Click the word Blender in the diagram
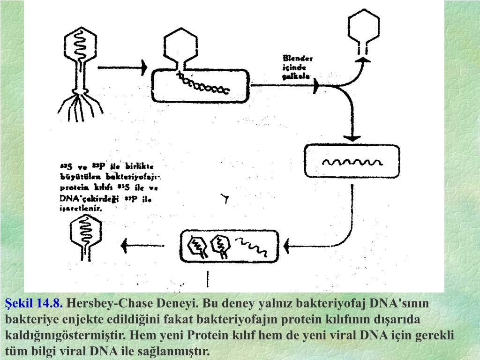[298, 59]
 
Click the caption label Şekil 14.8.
[34, 304]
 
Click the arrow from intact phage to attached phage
[123, 68]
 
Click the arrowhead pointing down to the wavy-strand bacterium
[352, 137]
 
